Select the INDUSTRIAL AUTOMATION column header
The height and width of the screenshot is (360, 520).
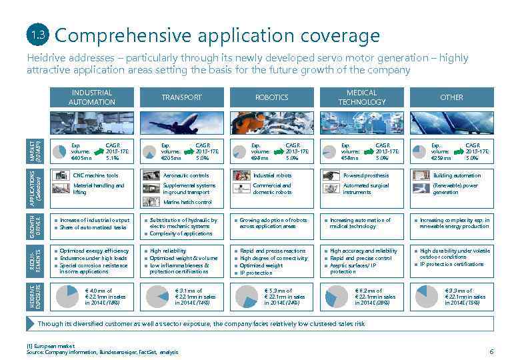[91, 97]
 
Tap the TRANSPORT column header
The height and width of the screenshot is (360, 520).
[181, 97]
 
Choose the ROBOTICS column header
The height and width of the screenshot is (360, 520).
[271, 97]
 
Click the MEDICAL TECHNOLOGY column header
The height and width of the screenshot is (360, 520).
[361, 97]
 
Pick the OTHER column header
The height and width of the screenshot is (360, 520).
[451, 97]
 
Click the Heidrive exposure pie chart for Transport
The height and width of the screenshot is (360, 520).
[157, 297]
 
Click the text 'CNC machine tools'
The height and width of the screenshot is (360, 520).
[95, 175]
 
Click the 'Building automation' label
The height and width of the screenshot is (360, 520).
[457, 175]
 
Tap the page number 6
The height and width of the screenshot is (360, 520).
[491, 351]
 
